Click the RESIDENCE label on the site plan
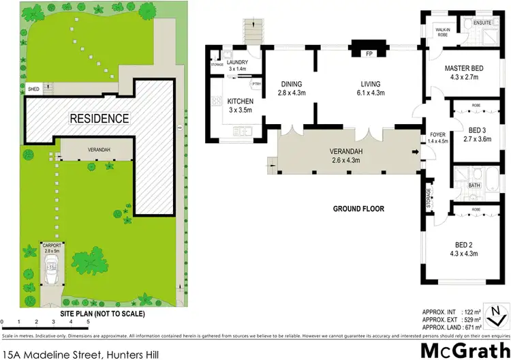[99, 118]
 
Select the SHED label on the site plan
[33, 89]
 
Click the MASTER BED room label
[465, 69]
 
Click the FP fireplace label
[369, 53]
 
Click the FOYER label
[437, 134]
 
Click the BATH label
[474, 185]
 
